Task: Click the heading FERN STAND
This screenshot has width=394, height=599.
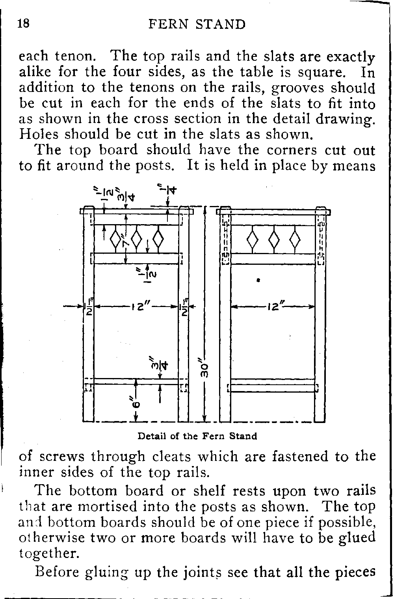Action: [197, 24]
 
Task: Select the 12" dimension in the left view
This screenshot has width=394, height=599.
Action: [137, 306]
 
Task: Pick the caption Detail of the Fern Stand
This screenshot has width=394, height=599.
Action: [197, 436]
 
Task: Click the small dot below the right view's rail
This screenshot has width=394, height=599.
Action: [258, 280]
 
